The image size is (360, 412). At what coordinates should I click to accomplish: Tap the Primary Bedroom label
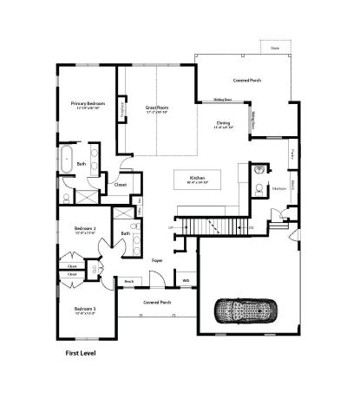click(88, 104)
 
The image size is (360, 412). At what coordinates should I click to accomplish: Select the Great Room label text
click(157, 108)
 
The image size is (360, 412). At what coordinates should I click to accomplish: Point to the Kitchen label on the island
click(197, 178)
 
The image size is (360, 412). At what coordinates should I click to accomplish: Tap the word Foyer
click(157, 259)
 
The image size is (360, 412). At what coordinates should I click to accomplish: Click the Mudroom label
click(279, 187)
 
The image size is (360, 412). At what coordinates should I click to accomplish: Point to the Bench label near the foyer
click(128, 281)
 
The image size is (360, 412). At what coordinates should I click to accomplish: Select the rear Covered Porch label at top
click(247, 80)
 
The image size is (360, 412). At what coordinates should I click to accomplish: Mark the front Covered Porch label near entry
click(156, 302)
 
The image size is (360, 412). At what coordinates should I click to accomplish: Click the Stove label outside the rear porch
click(274, 49)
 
